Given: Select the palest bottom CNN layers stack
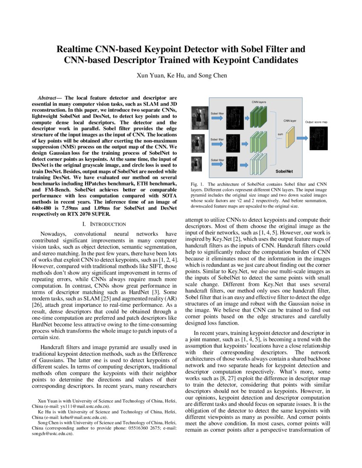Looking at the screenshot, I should (258, 164).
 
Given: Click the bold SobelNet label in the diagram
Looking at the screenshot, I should (287, 171).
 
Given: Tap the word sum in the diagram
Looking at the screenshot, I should (280, 134).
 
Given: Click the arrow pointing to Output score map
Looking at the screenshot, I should (303, 138).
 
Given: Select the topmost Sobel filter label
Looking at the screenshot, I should (217, 114).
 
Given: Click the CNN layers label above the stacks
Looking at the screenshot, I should (259, 102).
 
